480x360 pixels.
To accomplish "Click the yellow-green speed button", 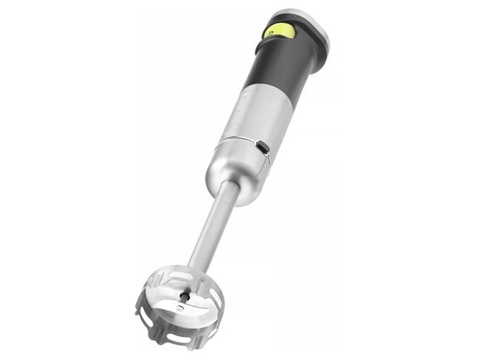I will tap(280, 31).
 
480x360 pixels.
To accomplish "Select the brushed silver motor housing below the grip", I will tap(255, 118).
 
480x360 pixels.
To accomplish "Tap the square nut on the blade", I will tap(179, 305).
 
